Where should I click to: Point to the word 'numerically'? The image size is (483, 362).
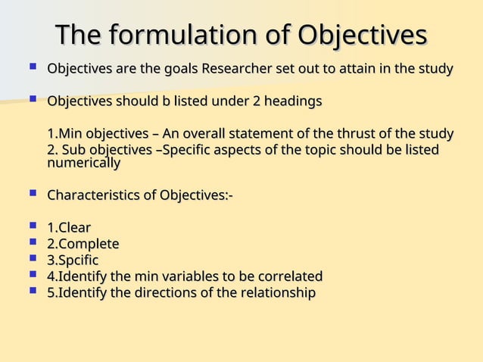[x=83, y=162]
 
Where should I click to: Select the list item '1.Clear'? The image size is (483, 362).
[x=69, y=228]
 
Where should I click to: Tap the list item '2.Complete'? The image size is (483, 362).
[x=83, y=244]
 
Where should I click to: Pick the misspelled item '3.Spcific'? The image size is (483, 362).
[x=73, y=261]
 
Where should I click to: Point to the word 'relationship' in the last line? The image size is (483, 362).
[x=277, y=292]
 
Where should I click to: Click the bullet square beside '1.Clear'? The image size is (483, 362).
[x=31, y=227]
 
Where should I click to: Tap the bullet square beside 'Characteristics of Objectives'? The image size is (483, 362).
[x=31, y=195]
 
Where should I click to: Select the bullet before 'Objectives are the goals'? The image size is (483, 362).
[x=31, y=68]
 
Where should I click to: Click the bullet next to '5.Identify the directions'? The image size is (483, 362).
[x=31, y=292]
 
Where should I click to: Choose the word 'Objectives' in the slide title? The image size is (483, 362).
[x=362, y=35]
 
